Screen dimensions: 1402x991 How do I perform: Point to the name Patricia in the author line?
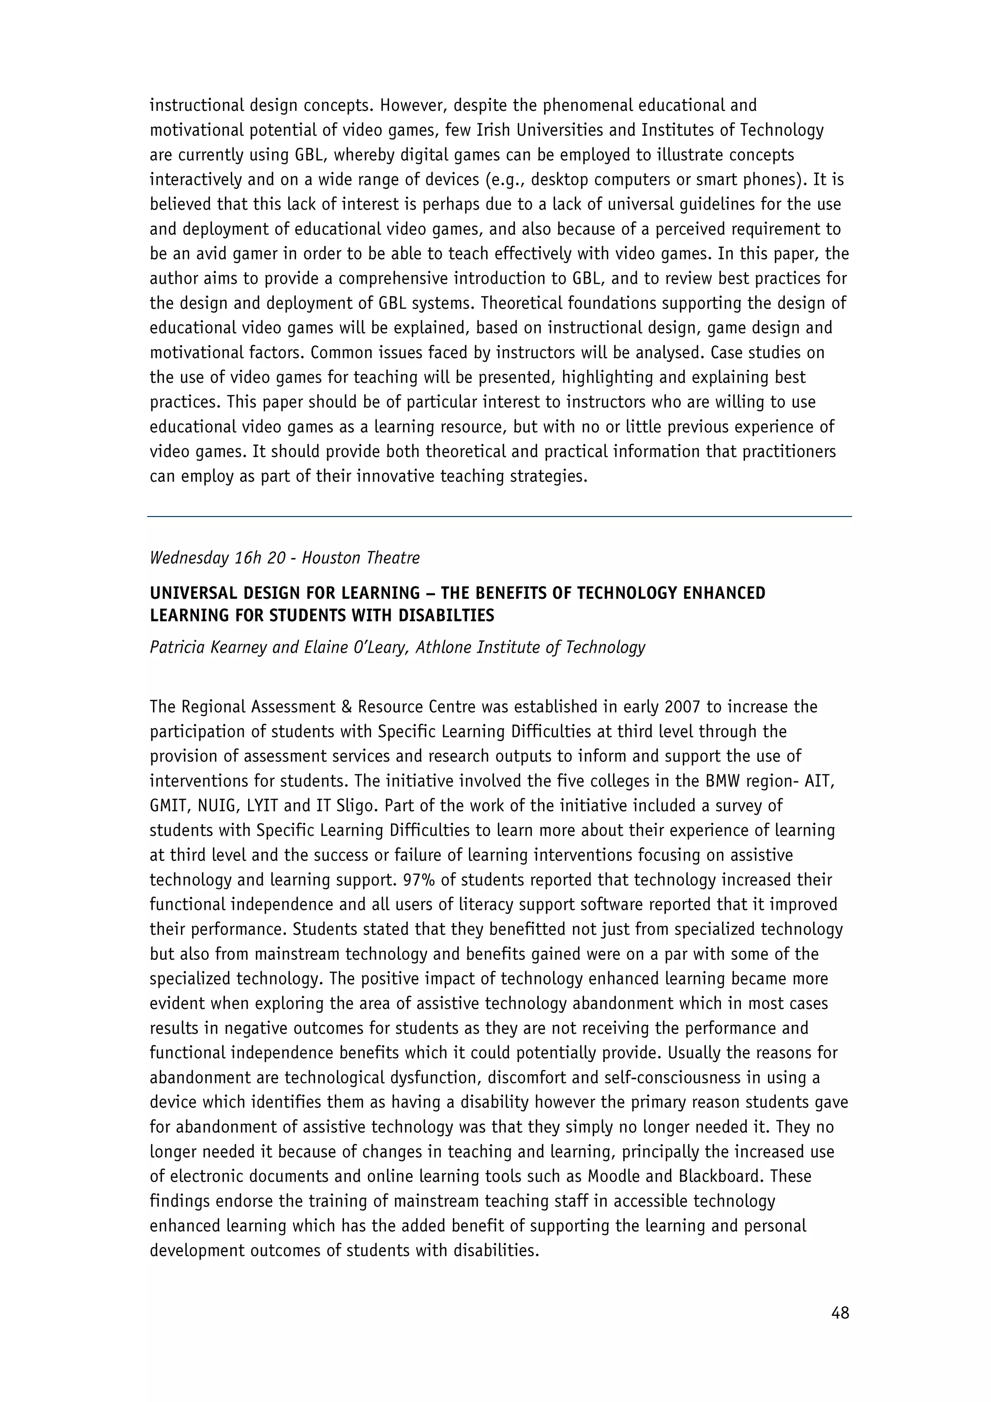178,647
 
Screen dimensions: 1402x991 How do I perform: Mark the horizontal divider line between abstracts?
499,517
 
